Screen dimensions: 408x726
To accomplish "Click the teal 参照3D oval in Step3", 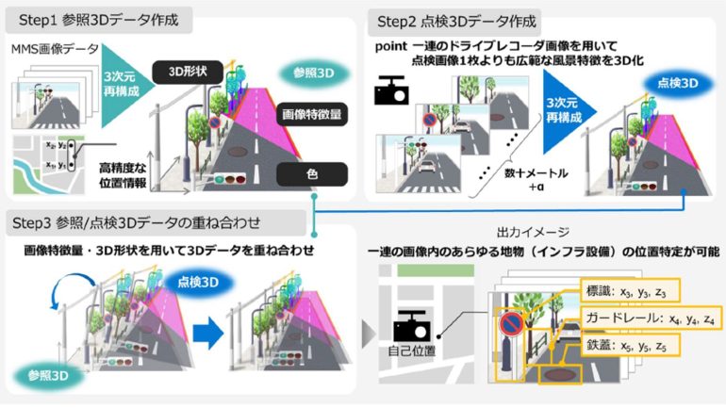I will (x=46, y=374).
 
